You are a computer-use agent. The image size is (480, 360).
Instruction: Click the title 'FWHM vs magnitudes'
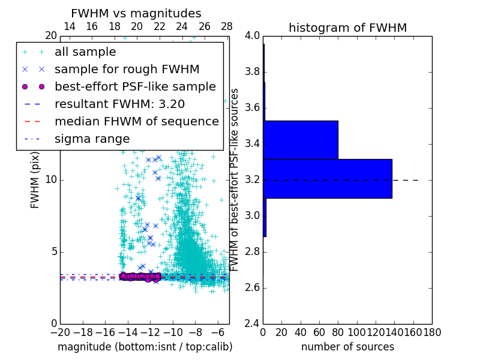click(136, 13)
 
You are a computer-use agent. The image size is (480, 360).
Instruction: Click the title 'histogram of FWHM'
click(347, 28)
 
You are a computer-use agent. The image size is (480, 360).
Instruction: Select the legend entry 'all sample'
click(85, 52)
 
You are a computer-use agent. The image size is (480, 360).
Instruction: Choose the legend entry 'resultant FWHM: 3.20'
click(119, 104)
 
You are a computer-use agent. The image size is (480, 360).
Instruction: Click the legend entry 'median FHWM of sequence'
click(136, 121)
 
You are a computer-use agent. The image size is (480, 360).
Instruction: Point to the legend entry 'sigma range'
click(92, 139)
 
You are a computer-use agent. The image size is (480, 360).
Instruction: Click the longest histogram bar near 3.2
click(328, 178)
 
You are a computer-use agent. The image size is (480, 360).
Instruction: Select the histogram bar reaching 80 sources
click(301, 140)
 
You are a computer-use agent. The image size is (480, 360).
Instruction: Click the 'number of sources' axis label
click(347, 347)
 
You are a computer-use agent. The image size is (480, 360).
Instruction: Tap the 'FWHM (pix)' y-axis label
click(35, 181)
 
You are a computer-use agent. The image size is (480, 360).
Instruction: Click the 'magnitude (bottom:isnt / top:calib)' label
click(145, 347)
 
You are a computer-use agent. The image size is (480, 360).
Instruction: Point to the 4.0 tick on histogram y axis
click(252, 36)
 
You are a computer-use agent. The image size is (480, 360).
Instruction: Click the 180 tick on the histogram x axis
click(432, 332)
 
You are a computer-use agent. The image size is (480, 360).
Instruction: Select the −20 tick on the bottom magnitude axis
click(60, 332)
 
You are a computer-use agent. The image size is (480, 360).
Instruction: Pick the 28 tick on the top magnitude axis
click(227, 26)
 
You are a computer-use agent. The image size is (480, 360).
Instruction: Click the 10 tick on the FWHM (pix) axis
click(51, 180)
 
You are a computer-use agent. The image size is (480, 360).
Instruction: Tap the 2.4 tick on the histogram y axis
click(252, 323)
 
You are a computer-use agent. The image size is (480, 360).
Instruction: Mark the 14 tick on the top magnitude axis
click(69, 26)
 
